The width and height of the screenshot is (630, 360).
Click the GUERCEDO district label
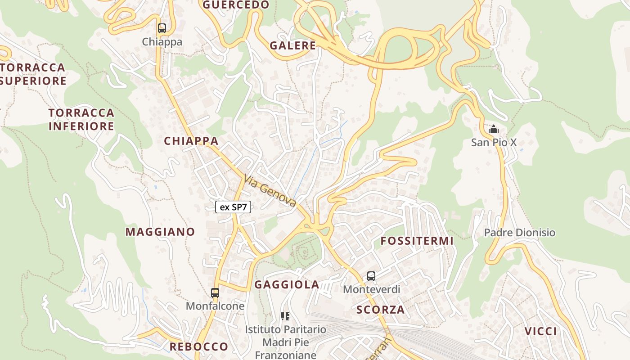236,5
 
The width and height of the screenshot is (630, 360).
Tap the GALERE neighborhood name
293,45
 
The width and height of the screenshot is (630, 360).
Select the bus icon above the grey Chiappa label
162,28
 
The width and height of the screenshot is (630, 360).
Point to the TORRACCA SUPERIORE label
33,74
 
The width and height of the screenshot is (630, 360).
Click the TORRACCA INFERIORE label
81,119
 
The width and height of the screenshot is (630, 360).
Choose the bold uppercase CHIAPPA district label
191,141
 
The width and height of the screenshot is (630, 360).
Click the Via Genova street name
270,191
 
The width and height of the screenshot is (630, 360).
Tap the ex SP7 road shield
233,207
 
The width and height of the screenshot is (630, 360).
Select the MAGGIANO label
160,232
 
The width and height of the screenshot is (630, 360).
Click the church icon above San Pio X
494,130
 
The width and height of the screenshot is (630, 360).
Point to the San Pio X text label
494,143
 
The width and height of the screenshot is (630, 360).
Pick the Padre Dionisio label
520,233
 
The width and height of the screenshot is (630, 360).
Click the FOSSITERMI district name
417,241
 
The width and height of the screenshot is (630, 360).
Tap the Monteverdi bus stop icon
371,276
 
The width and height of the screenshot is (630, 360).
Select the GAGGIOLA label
287,284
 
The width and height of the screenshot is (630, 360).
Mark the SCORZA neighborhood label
381,310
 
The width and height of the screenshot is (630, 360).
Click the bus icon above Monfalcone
215,293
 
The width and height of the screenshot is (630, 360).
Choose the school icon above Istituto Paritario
285,316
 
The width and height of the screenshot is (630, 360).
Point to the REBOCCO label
199,346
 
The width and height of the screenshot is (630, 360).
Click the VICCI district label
540,332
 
